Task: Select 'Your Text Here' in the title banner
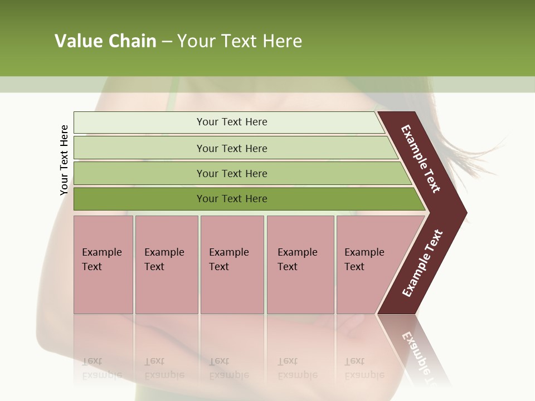tap(240, 41)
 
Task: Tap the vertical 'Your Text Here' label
tap(64, 160)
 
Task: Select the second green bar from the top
tap(231, 148)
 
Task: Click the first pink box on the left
tap(103, 265)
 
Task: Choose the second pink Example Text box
tap(166, 265)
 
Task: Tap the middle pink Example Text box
tap(232, 265)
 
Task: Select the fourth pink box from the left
tap(300, 265)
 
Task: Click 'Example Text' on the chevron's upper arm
tap(421, 159)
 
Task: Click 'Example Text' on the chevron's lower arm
tap(422, 263)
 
